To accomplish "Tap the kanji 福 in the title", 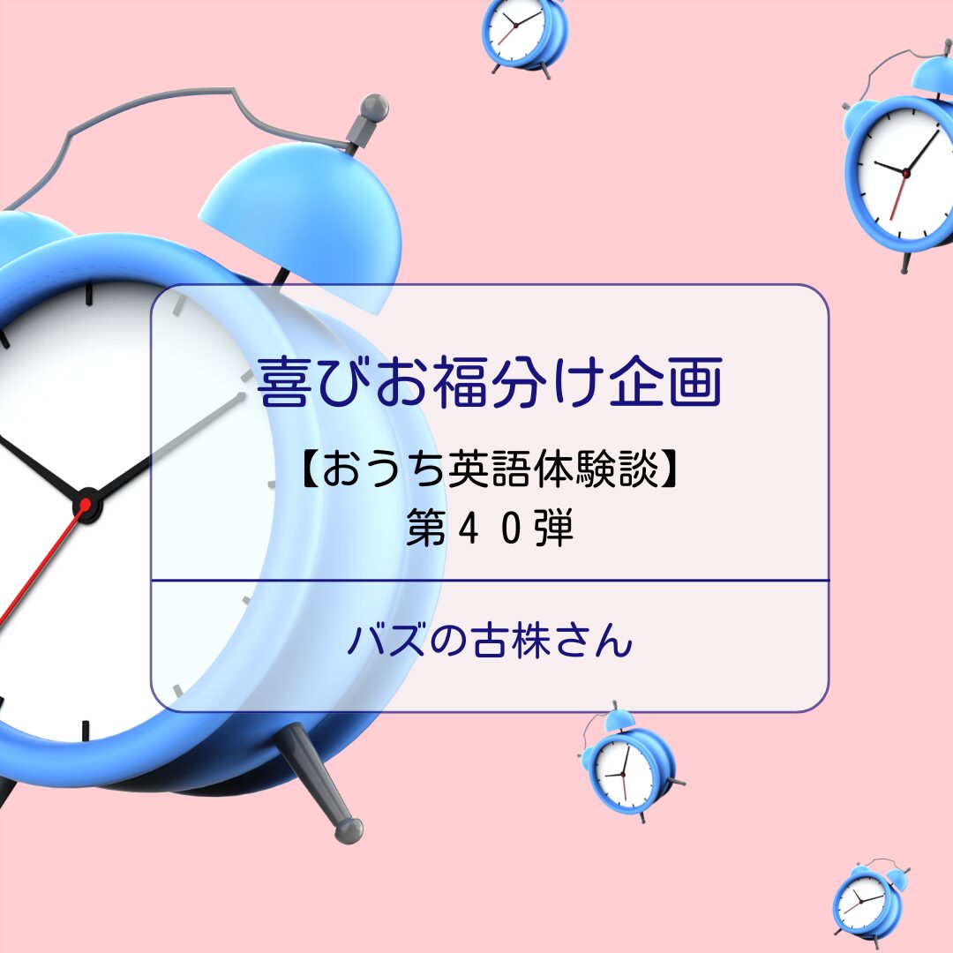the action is tap(460, 382).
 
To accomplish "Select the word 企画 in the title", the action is tap(665, 382).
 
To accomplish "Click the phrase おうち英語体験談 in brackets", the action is tap(490, 469).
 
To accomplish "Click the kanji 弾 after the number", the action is tap(553, 529).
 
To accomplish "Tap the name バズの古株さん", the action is tap(490, 641).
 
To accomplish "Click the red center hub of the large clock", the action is tap(86, 505).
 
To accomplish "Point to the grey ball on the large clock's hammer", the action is tap(374, 108).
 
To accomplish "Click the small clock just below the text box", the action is tap(630, 763).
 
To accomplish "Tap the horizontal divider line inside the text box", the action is tap(490, 581).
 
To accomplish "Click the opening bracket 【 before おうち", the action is tap(309, 469).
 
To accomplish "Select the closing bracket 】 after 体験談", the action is tap(669, 469).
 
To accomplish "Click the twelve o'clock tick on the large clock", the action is tap(89, 293).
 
